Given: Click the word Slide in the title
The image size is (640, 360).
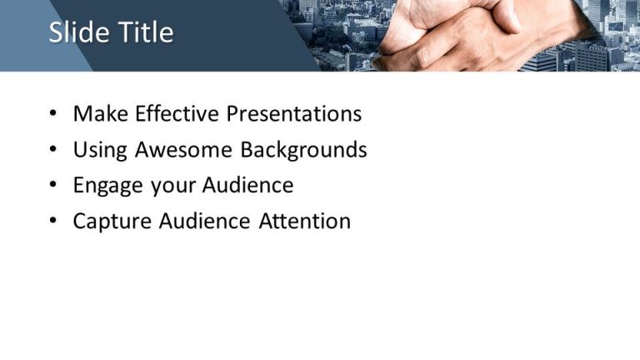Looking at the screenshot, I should point(75,32).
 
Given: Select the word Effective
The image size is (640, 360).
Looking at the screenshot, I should point(177,114).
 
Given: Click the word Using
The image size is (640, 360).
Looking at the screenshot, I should point(101,150).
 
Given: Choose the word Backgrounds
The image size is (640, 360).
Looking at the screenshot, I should point(303,150).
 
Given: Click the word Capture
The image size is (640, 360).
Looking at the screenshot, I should point(111,222).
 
